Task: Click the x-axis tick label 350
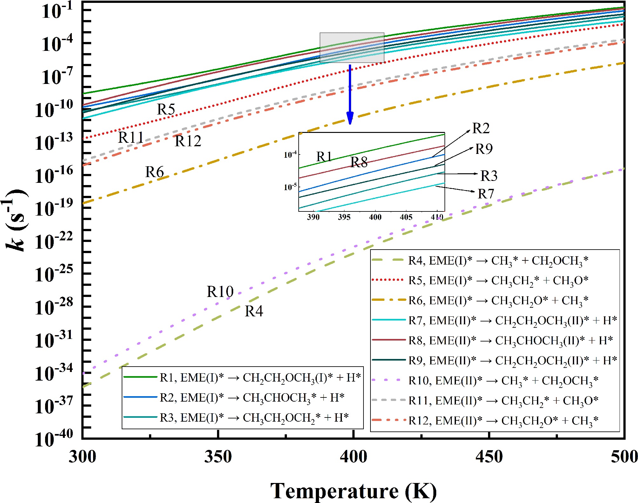pos(218,457)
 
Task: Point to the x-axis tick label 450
pos(489,457)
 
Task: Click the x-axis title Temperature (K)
pos(353,491)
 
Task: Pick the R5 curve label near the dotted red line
pos(166,109)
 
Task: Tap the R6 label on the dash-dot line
pos(154,172)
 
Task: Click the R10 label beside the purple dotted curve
pos(220,292)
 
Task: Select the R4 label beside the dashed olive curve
pos(254,311)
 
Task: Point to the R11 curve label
pos(131,138)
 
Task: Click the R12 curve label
pos(188,141)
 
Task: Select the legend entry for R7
pos(494,320)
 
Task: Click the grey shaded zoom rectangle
pos(352,48)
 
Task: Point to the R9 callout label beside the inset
pos(484,149)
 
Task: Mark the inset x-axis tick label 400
pos(375,217)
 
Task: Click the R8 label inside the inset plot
pos(359,162)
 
